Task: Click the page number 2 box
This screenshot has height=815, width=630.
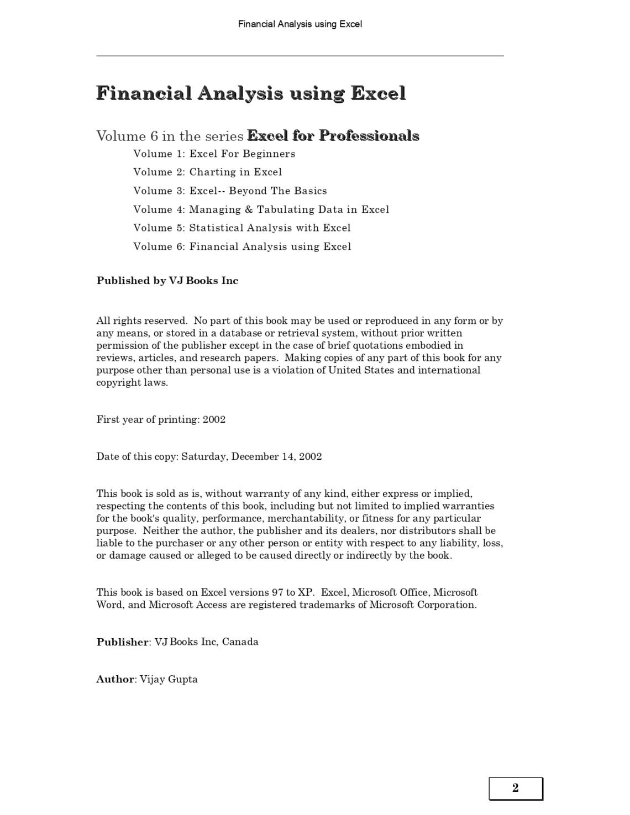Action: [516, 788]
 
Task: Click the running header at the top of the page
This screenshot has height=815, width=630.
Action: [300, 24]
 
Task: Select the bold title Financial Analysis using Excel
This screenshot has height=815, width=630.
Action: [251, 93]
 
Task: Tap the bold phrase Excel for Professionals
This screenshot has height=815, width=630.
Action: [333, 136]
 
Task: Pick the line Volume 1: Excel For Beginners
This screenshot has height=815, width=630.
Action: [214, 154]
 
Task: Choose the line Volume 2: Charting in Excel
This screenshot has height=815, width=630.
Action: [208, 172]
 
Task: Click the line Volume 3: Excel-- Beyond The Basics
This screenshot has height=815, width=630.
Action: [230, 191]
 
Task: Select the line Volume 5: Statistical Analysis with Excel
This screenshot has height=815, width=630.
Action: [242, 228]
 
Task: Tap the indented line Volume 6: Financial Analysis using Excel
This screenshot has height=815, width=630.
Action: [242, 246]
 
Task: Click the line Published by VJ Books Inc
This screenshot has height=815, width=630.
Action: [167, 281]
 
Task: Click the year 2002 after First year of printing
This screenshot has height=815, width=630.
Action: [214, 419]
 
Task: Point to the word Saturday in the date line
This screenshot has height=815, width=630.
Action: [204, 456]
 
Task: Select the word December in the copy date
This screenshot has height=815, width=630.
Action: [255, 456]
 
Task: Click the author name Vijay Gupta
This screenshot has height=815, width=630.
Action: [169, 679]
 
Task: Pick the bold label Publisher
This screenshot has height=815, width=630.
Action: [123, 642]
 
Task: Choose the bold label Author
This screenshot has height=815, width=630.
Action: [116, 679]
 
